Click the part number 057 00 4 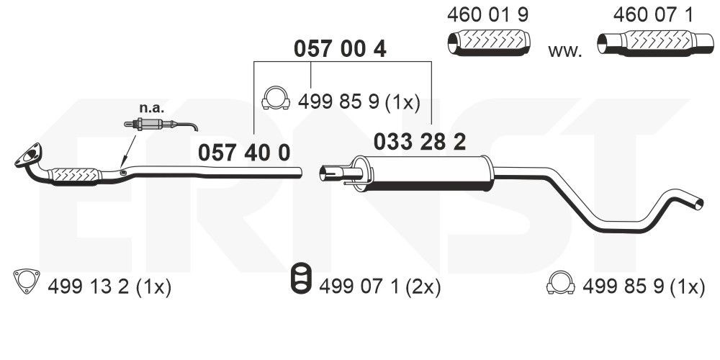pyautogui.click(x=340, y=49)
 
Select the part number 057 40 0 pyautogui.click(x=244, y=153)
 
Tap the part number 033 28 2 pyautogui.click(x=420, y=142)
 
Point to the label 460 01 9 pyautogui.click(x=487, y=15)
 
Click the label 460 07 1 pyautogui.click(x=653, y=15)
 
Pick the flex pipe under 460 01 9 pyautogui.click(x=489, y=42)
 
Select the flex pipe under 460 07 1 pyautogui.click(x=655, y=42)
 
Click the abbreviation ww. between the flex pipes pyautogui.click(x=564, y=51)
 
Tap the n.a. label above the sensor pyautogui.click(x=151, y=109)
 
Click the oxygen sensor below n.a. pyautogui.click(x=161, y=124)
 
